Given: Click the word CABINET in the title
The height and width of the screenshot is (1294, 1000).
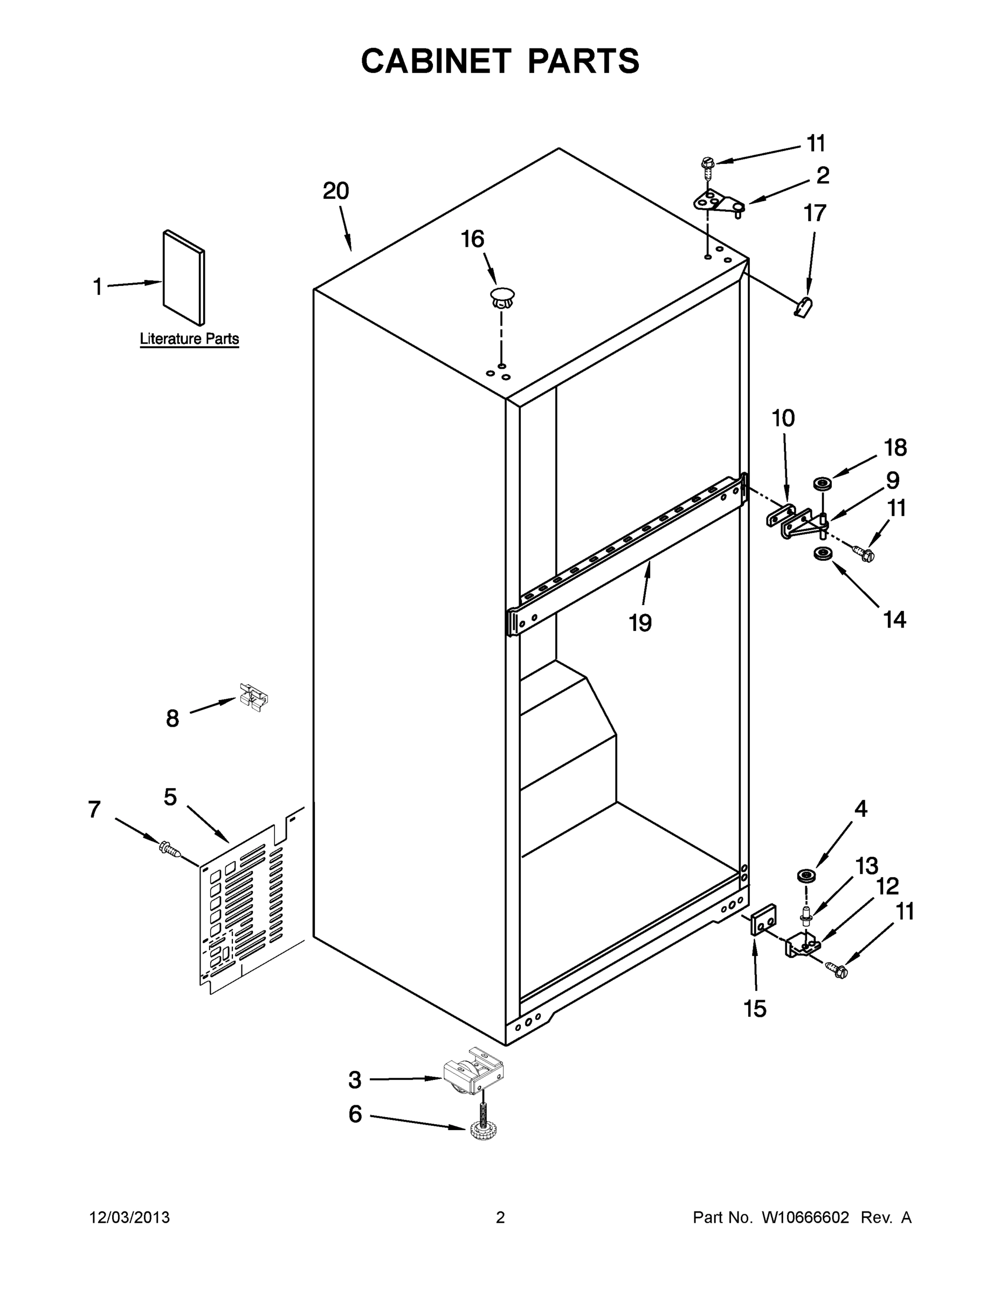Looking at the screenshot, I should pos(436,61).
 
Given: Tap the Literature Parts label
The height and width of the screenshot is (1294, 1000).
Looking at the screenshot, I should pos(189,339).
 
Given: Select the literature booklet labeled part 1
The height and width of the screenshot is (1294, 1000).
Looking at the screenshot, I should pos(184,278).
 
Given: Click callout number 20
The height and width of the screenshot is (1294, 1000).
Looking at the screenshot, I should pos(336,191).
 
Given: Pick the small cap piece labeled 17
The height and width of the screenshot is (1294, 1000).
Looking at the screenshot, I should pos(803,307).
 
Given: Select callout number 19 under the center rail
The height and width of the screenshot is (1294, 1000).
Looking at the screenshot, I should pos(640,623).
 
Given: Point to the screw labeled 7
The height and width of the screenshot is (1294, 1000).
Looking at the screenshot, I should pos(169,850).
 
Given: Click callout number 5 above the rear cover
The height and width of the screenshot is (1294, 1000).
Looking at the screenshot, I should pos(170,797).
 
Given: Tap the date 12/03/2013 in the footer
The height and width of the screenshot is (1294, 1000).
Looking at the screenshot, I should pos(129,1217).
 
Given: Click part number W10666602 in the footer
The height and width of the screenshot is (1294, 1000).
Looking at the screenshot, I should pos(804,1217).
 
